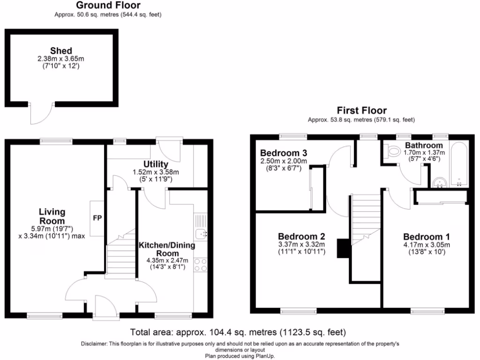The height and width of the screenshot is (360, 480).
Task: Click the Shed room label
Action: pos(61,51)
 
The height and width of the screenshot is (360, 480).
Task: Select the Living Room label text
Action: pos(52,217)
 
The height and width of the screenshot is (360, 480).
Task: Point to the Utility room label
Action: pos(156,164)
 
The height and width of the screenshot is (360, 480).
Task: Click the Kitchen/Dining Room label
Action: pos(166,249)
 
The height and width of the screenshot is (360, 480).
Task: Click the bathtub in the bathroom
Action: pos(458,164)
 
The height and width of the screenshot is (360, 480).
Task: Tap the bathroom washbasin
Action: pos(439,181)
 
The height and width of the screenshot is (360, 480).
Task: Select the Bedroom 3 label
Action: pos(284,153)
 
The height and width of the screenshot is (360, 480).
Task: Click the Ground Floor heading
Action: pos(108,6)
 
